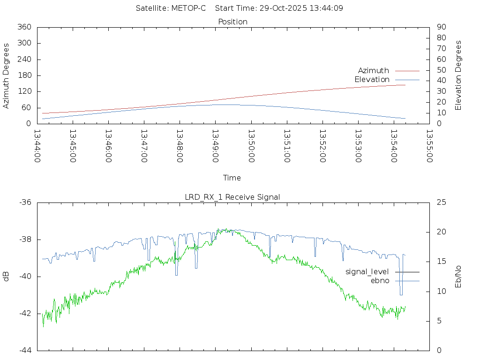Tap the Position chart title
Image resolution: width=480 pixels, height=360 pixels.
click(233, 22)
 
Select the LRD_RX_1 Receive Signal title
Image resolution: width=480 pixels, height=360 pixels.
click(232, 197)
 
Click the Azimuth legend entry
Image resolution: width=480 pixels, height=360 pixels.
click(374, 70)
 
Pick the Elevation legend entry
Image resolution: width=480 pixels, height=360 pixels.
click(372, 80)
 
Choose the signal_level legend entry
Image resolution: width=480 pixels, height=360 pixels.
click(367, 271)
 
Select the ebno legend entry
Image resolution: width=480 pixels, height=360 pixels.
click(380, 280)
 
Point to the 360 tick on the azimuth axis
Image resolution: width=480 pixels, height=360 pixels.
click(24, 27)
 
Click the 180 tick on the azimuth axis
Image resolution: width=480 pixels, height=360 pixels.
click(24, 75)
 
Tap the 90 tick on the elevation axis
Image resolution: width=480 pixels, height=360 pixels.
click(441, 27)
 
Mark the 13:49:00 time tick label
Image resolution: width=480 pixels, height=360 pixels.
click(215, 146)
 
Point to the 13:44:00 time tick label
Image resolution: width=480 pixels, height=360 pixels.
click(37, 146)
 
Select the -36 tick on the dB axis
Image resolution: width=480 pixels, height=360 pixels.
click(25, 202)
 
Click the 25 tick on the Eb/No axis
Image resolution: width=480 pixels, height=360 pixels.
click(441, 202)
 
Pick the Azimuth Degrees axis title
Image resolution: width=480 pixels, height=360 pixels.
click(7, 75)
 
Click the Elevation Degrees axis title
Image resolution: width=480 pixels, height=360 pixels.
click(458, 75)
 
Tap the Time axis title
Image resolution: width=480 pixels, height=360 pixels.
click(232, 178)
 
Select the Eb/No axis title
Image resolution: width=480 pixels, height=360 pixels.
click(458, 277)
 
